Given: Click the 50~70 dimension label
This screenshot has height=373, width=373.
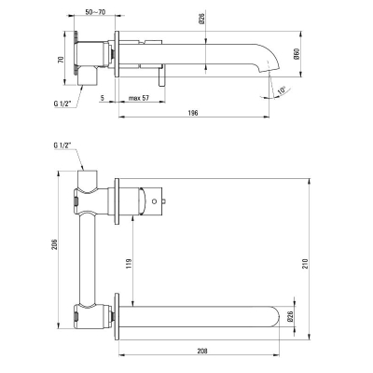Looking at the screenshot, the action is click(x=95, y=12).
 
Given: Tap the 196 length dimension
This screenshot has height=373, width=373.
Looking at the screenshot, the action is click(x=193, y=113).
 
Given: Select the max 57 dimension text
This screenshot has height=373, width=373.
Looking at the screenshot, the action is click(x=139, y=98).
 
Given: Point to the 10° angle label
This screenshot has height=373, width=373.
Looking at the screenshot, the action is click(x=282, y=90).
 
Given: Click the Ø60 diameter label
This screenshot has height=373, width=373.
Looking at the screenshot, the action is click(x=297, y=54).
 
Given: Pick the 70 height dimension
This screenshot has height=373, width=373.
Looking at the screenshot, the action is click(x=61, y=60).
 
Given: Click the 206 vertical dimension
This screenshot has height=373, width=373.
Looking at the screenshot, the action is click(x=54, y=245).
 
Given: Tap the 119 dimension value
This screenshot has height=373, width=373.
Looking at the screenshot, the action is click(x=130, y=264).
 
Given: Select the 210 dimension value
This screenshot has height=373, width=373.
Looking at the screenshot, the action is click(x=305, y=264).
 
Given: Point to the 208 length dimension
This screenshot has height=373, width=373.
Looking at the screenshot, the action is click(x=202, y=351).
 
